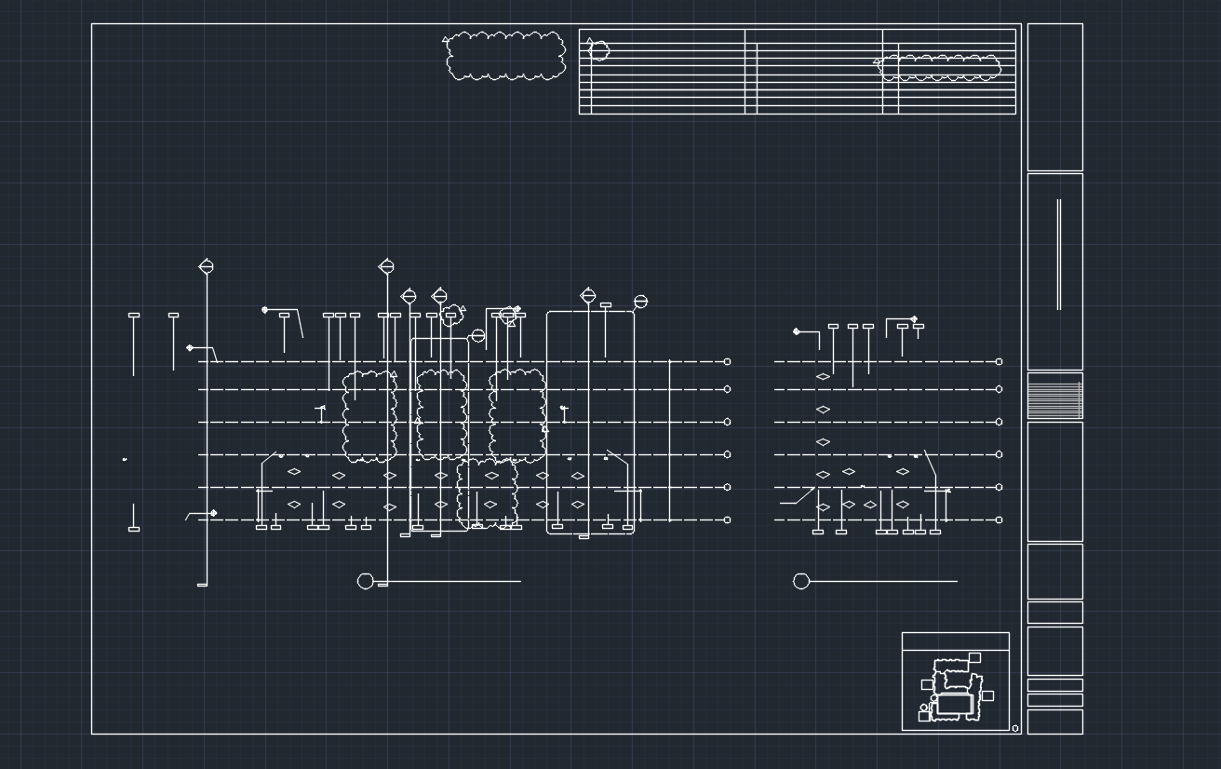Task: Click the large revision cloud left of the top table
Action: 506,56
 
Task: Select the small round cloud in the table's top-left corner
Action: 599,50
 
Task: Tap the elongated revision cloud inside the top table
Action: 940,67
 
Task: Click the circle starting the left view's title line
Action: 366,581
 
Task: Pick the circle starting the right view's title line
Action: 801,581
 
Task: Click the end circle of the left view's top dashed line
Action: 727,361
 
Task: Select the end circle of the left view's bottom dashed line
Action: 727,519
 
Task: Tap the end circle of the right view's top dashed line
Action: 1000,361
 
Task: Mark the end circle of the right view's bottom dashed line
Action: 1000,519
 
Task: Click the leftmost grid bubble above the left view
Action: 207,267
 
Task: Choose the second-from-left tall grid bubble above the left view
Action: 386,267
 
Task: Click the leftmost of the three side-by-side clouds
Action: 369,416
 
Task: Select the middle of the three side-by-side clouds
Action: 441,414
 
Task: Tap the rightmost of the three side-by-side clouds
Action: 517,414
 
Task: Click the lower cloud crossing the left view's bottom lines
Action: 487,492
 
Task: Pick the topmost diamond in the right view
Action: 823,377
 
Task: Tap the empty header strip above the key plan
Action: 955,641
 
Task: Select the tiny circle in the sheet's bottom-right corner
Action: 1015,728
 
